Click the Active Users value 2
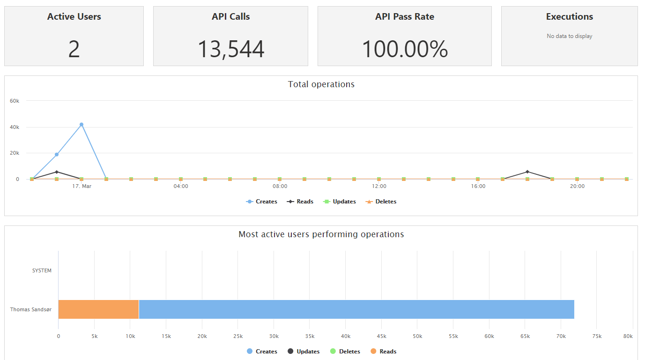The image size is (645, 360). click(x=74, y=49)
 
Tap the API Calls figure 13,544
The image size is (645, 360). click(x=230, y=50)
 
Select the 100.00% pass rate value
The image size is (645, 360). click(x=405, y=49)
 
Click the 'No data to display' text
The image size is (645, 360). click(x=569, y=36)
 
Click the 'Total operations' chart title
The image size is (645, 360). click(x=321, y=84)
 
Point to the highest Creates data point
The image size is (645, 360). click(x=82, y=125)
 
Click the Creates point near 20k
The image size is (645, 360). click(x=57, y=155)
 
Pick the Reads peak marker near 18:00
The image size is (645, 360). click(x=527, y=172)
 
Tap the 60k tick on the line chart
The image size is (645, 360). click(x=15, y=101)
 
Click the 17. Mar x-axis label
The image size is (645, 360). click(x=82, y=186)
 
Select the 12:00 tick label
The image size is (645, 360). click(x=379, y=186)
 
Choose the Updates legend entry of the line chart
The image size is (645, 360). click(x=340, y=202)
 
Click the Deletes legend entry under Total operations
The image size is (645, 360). click(x=381, y=202)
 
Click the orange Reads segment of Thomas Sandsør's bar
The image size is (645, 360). click(x=98, y=309)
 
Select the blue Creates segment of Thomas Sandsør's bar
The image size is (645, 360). click(x=356, y=309)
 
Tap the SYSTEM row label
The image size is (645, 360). click(x=42, y=270)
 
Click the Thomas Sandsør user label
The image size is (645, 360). click(x=31, y=309)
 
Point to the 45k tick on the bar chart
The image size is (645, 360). click(x=382, y=336)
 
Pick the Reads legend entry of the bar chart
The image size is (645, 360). click(x=383, y=352)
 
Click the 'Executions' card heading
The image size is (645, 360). click(x=569, y=16)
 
